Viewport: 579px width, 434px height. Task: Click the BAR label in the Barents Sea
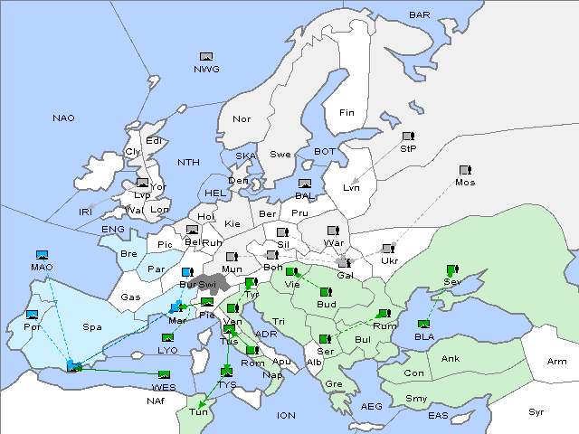point(419,15)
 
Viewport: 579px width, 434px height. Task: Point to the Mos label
point(465,183)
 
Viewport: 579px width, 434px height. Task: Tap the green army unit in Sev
point(451,269)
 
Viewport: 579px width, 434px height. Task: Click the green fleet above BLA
point(423,324)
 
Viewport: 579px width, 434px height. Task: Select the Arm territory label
point(557,362)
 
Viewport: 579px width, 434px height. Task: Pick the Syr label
point(536,411)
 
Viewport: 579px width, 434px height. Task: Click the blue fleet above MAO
point(42,256)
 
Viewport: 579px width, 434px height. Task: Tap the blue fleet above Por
point(33,315)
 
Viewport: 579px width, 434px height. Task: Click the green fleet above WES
point(164,375)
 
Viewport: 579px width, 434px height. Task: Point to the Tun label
point(197,412)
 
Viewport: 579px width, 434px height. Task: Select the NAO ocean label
point(64,118)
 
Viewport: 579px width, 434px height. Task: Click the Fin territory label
point(346,113)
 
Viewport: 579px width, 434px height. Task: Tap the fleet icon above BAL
point(305,184)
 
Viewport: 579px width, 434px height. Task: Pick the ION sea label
point(286,415)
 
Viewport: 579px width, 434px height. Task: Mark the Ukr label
point(389,261)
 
